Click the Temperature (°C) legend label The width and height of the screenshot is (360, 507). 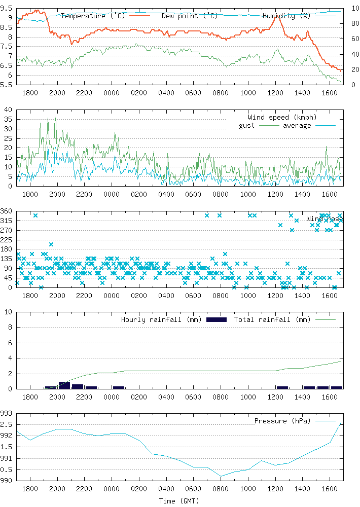(x=92, y=16)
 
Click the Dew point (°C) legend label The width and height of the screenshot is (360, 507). (x=190, y=16)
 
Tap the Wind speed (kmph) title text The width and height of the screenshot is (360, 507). (x=279, y=117)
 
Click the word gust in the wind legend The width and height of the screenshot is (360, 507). (x=247, y=125)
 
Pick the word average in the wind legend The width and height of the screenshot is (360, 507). (x=297, y=125)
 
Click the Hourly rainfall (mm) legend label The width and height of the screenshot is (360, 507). (x=161, y=319)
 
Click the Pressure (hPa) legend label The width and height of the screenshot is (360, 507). (x=282, y=421)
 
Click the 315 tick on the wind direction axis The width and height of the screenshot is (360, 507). (x=7, y=221)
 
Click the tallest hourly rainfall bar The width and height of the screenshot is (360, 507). (x=64, y=385)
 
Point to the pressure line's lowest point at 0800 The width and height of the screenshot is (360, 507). (x=221, y=476)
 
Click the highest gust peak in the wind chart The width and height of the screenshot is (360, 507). (x=55, y=116)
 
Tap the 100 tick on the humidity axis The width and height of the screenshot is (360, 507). (x=353, y=8)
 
